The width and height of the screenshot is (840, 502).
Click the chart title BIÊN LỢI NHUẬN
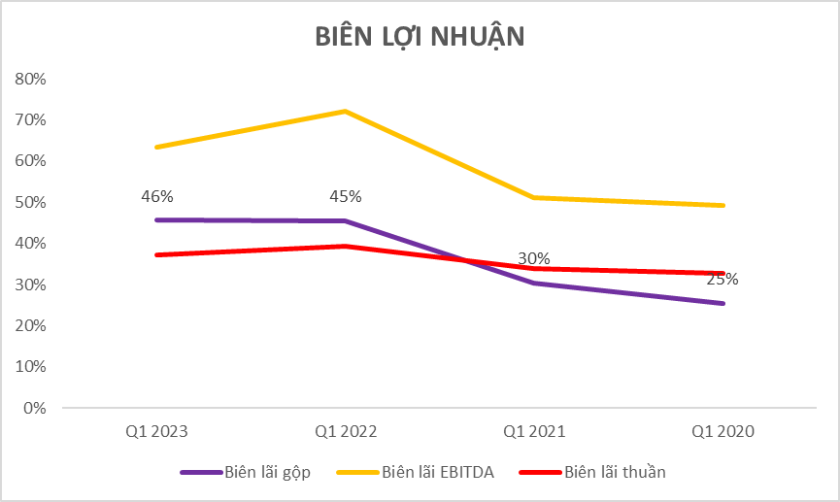click(420, 36)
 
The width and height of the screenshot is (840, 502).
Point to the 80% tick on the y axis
click(31, 79)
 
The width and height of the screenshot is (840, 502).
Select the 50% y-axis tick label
click(31, 202)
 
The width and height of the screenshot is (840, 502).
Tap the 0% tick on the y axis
click(35, 408)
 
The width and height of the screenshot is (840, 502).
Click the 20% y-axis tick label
click(31, 325)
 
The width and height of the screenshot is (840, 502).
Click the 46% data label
click(157, 196)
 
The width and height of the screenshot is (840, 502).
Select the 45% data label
click(346, 196)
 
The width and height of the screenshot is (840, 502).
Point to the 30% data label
click(534, 259)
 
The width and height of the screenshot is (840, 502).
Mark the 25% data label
click(722, 280)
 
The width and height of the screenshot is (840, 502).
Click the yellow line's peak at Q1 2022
click(346, 112)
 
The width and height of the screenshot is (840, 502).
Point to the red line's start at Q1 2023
click(156, 254)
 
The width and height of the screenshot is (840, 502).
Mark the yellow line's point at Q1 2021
click(534, 198)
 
